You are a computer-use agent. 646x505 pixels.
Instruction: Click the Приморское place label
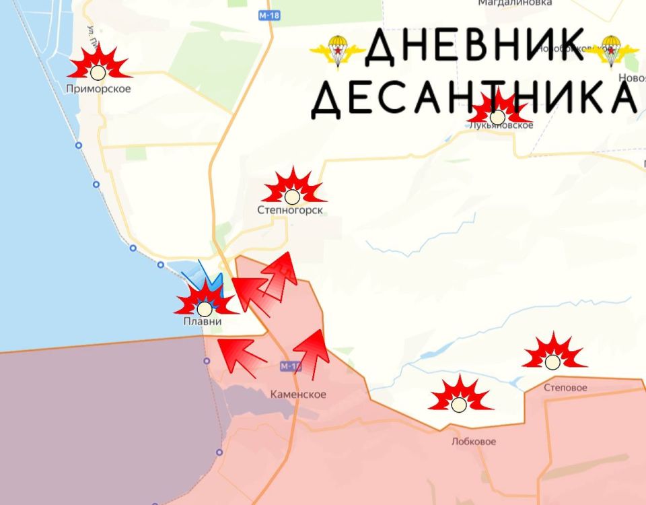click(98, 89)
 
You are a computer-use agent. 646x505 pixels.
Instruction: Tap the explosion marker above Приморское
click(98, 65)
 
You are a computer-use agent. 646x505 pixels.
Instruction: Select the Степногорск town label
click(290, 211)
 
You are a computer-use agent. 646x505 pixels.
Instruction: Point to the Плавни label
click(203, 323)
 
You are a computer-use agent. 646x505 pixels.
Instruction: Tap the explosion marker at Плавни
click(204, 303)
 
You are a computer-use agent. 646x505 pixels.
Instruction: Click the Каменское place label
click(298, 395)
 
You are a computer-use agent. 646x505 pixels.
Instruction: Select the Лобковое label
click(474, 442)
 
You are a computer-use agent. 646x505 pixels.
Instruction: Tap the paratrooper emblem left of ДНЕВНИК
click(336, 50)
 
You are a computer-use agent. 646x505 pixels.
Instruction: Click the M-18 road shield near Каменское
click(290, 366)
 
